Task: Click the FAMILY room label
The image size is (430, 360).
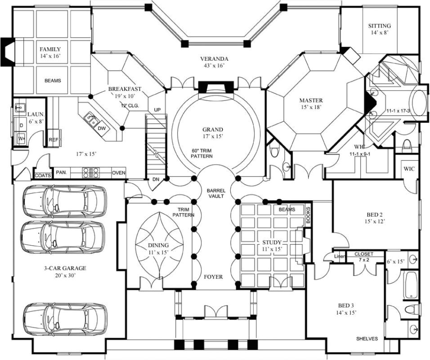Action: click(50, 49)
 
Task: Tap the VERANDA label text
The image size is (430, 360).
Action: click(214, 59)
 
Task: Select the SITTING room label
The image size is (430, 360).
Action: click(379, 26)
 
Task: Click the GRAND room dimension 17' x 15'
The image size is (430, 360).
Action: click(213, 135)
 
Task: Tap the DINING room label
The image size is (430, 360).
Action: click(158, 245)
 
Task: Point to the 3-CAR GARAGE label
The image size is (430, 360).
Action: click(65, 268)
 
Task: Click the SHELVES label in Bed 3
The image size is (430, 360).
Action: click(367, 338)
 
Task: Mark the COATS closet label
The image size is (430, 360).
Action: click(42, 175)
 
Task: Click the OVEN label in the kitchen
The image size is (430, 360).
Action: click(118, 172)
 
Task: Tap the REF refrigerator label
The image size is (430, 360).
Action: click(53, 139)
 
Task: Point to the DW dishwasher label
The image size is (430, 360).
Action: click(101, 129)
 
